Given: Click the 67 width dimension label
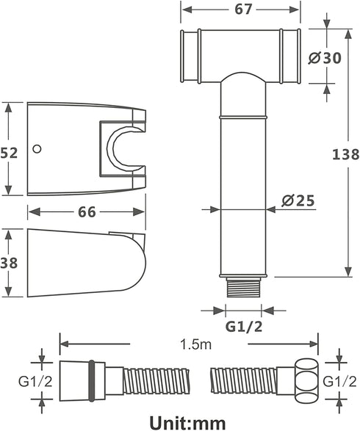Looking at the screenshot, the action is [x=243, y=9].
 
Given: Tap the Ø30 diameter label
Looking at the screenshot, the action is [x=325, y=58].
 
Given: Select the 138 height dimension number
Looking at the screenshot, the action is [x=346, y=154].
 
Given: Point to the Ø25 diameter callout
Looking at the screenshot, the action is [x=298, y=200].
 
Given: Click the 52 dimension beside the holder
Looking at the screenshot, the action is [x=9, y=153].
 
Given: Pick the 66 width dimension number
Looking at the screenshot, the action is [x=87, y=212].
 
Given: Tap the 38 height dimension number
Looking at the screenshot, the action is [x=9, y=263].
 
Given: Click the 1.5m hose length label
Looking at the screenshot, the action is [x=196, y=344].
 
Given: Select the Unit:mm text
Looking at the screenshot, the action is [x=187, y=422].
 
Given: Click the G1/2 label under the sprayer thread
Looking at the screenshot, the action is [x=244, y=326].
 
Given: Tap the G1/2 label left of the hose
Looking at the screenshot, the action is [x=35, y=381].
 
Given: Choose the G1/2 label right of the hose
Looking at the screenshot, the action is [x=339, y=381].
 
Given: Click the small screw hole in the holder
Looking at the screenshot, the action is [x=37, y=149].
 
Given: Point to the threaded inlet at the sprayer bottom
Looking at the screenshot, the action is [x=243, y=287].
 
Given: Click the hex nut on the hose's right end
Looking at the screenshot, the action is [x=306, y=380].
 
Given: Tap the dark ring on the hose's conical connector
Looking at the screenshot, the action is [x=92, y=380].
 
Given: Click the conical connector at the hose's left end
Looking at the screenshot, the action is [x=82, y=380].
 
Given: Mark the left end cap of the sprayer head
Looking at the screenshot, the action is [x=190, y=56].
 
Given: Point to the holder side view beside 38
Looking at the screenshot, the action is [x=87, y=263].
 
